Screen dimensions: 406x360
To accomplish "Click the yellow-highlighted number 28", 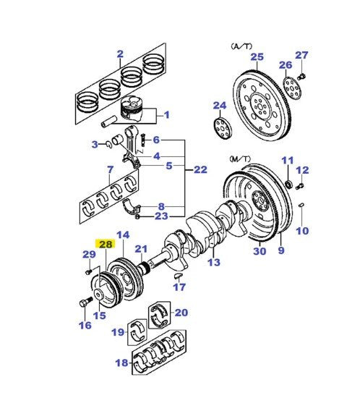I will [x=106, y=244].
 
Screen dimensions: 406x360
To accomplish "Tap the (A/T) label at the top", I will [x=241, y=45].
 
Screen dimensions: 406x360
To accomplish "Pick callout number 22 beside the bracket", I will [x=201, y=169].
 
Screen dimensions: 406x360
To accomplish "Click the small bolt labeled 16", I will [x=85, y=303].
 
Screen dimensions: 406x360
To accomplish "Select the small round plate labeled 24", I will [x=220, y=127].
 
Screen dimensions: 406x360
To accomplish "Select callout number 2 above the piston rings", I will [x=120, y=53].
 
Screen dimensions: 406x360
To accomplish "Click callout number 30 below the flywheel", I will [x=260, y=251].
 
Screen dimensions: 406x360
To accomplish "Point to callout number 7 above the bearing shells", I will [x=109, y=171].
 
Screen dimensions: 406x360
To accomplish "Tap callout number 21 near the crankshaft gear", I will [x=141, y=249].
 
